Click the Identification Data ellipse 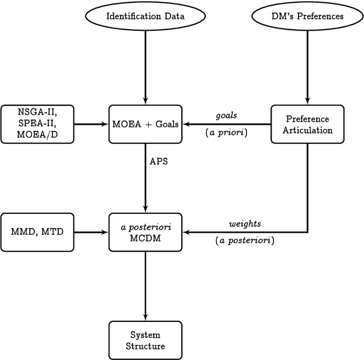pyautogui.click(x=146, y=16)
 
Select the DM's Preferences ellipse pyautogui.click(x=308, y=16)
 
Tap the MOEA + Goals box pyautogui.click(x=146, y=123)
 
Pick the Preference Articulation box pyautogui.click(x=308, y=123)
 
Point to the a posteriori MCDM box pyautogui.click(x=146, y=231)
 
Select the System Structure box pyautogui.click(x=146, y=340)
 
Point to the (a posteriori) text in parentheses pyautogui.click(x=245, y=241)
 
